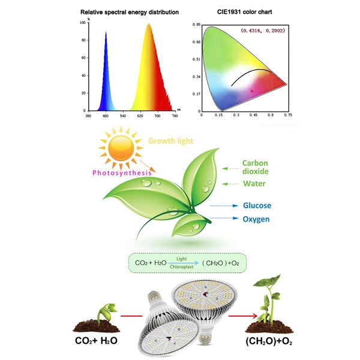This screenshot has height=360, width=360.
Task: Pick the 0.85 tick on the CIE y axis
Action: [x=196, y=25]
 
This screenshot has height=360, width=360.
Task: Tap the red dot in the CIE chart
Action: [x=253, y=91]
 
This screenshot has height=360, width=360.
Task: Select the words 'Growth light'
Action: [x=170, y=142]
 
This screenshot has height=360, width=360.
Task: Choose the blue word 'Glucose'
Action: [x=257, y=206]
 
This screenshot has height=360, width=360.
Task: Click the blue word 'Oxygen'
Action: [x=256, y=219]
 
